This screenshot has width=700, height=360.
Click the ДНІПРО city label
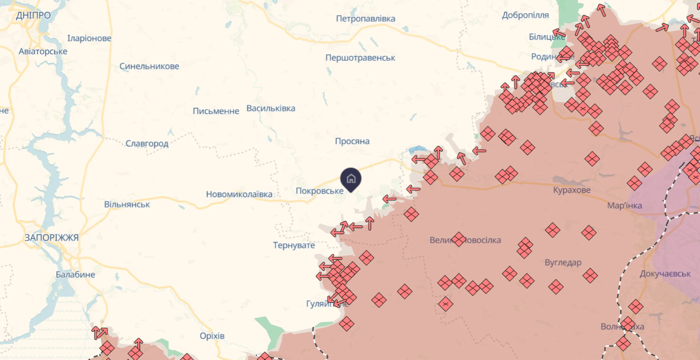(x=33, y=15)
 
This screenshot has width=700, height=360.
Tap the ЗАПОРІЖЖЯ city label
(x=52, y=238)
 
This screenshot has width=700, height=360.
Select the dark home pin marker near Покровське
(x=351, y=179)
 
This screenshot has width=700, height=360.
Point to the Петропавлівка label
(x=366, y=19)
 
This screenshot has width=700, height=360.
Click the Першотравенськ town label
(x=360, y=58)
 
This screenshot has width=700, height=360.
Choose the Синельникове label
(x=149, y=66)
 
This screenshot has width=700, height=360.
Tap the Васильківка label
(x=271, y=108)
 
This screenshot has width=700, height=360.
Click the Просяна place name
(x=352, y=141)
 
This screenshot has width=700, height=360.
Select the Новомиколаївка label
(x=239, y=194)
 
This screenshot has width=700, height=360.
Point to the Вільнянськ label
(x=127, y=204)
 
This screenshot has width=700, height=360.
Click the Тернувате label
(x=294, y=245)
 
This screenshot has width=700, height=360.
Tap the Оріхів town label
(x=212, y=336)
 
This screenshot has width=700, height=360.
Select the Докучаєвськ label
(x=665, y=274)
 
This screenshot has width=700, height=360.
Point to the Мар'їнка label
(x=625, y=205)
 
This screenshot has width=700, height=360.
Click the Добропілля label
(x=525, y=15)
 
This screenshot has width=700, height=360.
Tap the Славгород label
(x=147, y=144)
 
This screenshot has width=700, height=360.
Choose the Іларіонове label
(x=89, y=38)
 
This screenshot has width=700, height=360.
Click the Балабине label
(x=75, y=275)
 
